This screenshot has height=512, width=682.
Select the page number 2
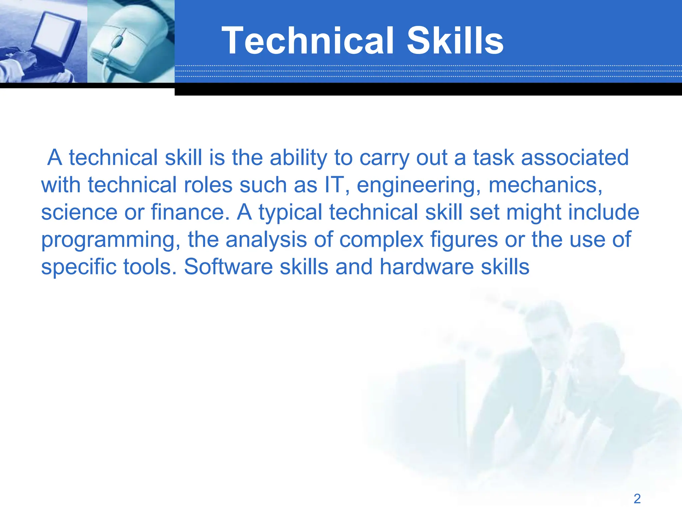[x=637, y=499]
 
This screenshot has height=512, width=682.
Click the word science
[x=79, y=212]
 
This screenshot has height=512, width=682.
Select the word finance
[x=190, y=212]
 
